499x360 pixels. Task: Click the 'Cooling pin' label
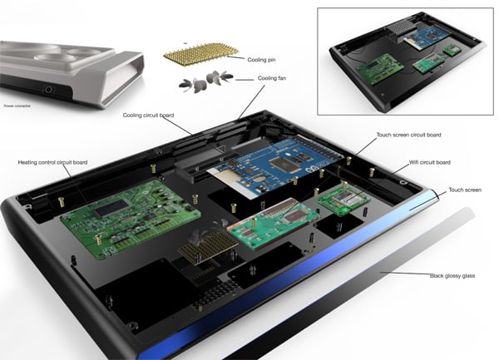pos(261,60)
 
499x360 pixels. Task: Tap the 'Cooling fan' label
pos(272,78)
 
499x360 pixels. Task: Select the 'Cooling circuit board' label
pos(148,115)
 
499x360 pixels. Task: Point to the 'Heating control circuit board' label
pos(52,162)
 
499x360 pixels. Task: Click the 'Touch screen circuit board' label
pos(408,135)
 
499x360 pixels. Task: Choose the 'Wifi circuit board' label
pos(430,162)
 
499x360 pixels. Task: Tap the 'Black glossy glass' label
pos(452,276)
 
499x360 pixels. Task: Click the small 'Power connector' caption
pos(17,106)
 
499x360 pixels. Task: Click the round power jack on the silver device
pos(48,90)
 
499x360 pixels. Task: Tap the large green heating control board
pos(131,219)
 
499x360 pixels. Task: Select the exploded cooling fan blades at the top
pos(205,81)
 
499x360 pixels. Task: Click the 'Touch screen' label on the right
pos(465,190)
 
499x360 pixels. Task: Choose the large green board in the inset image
pos(380,69)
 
